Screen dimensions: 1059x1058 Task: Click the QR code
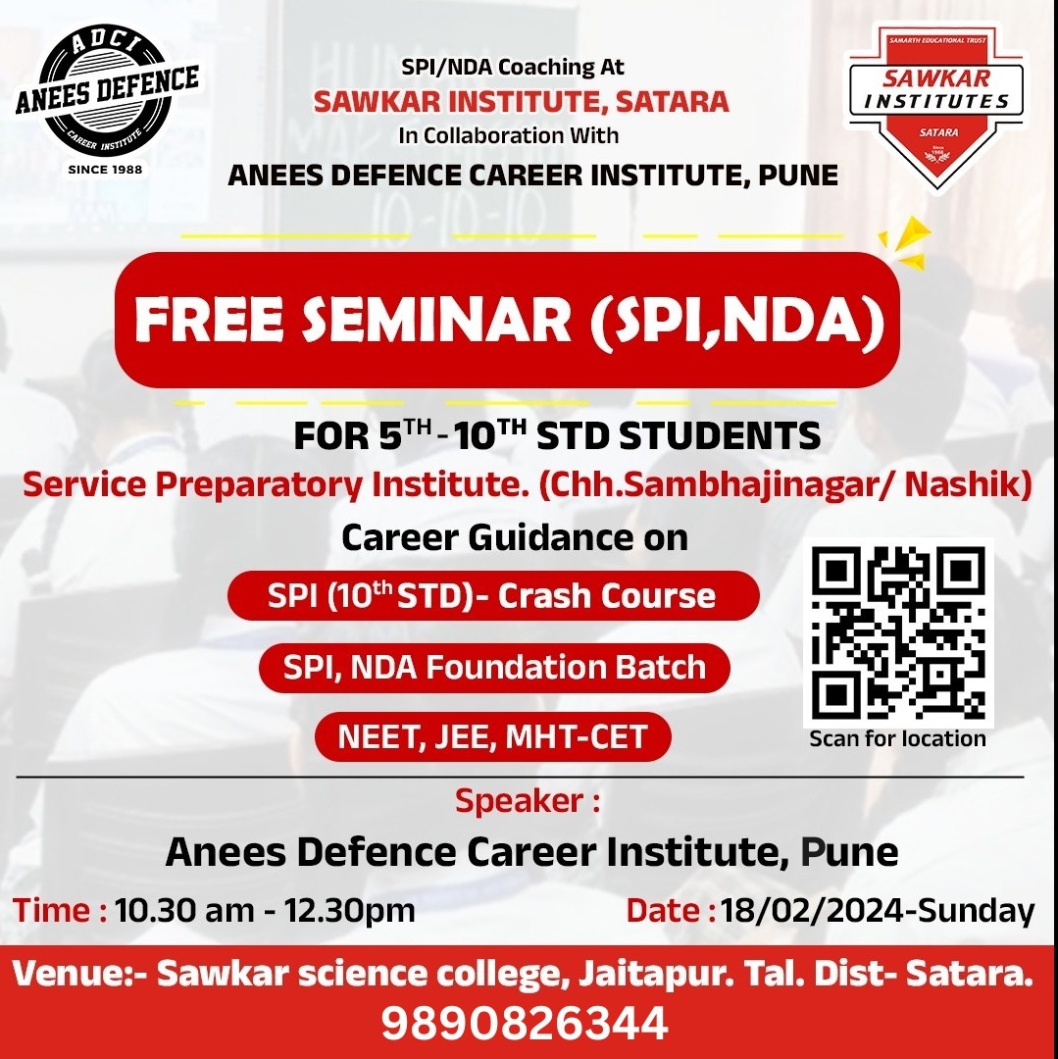(x=899, y=633)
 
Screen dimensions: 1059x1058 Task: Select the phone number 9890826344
(x=525, y=1023)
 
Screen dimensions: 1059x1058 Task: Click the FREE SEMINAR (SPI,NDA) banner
(x=508, y=320)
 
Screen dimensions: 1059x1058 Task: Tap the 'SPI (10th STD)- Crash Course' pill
(x=492, y=596)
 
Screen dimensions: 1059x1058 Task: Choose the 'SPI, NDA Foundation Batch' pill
(x=494, y=668)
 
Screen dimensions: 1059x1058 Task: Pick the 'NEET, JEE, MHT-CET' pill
(x=492, y=737)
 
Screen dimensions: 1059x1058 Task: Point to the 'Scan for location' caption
(x=897, y=738)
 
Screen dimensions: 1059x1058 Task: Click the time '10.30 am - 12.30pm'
(x=265, y=910)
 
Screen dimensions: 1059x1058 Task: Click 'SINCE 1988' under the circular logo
(x=105, y=169)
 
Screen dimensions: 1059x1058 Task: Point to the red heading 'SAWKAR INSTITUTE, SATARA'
(x=521, y=100)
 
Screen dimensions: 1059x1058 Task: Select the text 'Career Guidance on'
(x=514, y=537)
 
